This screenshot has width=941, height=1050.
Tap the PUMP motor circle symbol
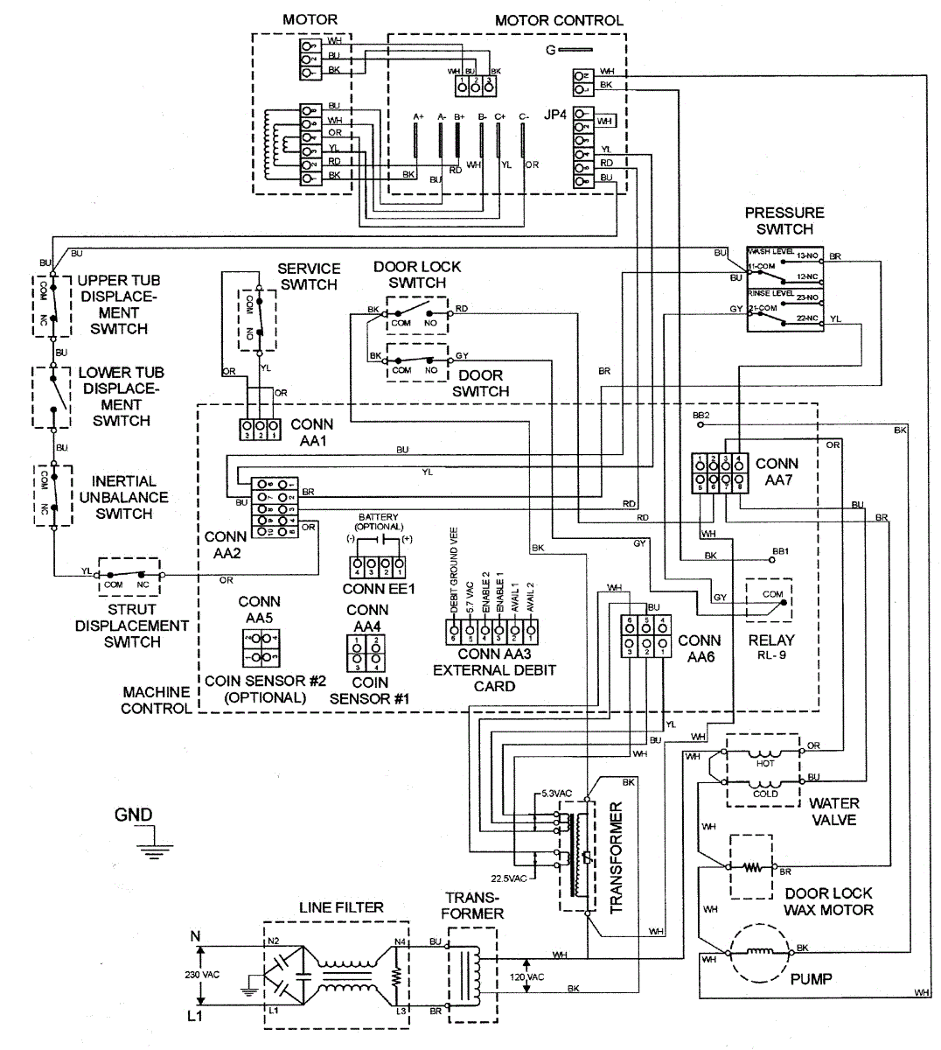coord(758,952)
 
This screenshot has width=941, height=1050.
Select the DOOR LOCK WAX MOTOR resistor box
coord(751,867)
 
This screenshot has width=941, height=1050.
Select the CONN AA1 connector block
coord(260,430)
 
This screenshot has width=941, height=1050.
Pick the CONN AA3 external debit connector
coord(491,629)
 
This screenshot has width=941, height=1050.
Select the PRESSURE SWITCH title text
coord(784,220)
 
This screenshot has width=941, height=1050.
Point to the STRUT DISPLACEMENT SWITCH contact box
coord(129,576)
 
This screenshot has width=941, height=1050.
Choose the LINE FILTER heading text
coord(340,907)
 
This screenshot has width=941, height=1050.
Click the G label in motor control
coord(550,50)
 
